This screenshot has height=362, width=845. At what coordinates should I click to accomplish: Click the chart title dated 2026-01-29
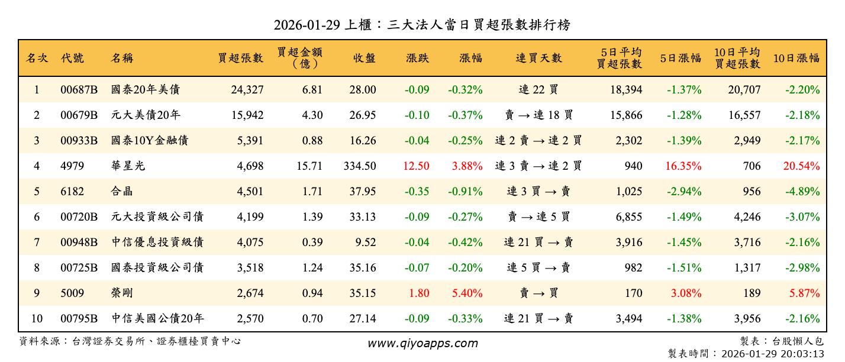(x=422, y=25)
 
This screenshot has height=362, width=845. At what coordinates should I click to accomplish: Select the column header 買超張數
(x=240, y=58)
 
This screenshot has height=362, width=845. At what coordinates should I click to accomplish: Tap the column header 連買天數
(x=538, y=58)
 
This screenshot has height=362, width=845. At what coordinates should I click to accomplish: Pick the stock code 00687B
(x=79, y=90)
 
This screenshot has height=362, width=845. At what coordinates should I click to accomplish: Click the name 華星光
(x=128, y=166)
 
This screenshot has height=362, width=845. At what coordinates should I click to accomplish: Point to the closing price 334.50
(x=360, y=166)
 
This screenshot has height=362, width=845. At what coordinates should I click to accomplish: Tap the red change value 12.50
(x=416, y=166)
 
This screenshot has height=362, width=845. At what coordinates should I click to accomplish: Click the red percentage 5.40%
(x=467, y=293)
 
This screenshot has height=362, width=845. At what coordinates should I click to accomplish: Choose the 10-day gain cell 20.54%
(x=801, y=166)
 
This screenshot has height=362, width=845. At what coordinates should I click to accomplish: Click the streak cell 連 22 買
(x=538, y=90)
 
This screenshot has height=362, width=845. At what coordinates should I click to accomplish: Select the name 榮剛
(x=122, y=293)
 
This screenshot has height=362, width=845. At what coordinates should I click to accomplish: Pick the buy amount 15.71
(x=309, y=166)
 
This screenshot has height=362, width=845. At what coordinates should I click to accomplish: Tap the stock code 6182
(x=72, y=192)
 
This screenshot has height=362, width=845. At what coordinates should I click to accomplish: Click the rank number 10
(x=37, y=319)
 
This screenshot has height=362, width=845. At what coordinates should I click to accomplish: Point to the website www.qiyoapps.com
(x=422, y=343)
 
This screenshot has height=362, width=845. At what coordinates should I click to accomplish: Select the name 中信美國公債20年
(x=157, y=319)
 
